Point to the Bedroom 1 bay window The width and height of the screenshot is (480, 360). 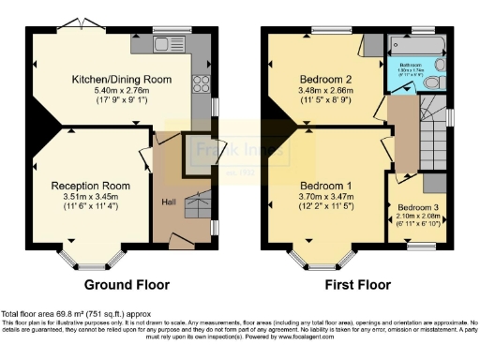click(309, 256)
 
